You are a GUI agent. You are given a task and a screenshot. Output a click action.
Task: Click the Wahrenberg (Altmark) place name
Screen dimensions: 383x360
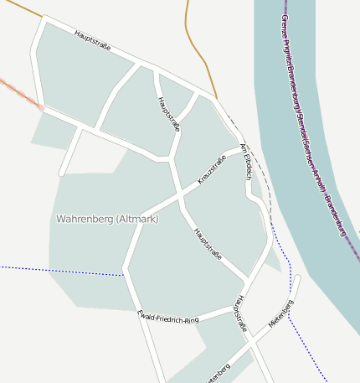[x=106, y=219]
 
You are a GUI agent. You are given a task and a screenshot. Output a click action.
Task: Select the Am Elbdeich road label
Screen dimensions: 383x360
[x=246, y=161]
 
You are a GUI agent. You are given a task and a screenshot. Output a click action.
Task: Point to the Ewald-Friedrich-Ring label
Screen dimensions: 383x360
[x=167, y=317]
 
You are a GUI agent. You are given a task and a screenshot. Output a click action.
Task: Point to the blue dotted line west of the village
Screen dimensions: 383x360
[x=59, y=271]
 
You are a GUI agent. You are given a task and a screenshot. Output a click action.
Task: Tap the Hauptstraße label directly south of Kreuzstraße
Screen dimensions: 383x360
[x=207, y=242]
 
